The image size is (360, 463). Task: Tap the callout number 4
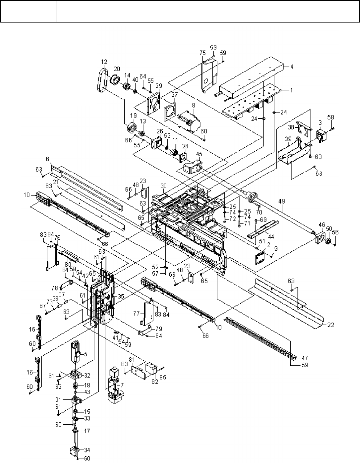[291, 67]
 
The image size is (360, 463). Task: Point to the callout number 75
[203, 53]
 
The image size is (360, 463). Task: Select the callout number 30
[163, 186]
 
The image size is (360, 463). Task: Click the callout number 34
[87, 450]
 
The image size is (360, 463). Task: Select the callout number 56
[335, 232]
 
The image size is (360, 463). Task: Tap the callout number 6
[47, 159]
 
